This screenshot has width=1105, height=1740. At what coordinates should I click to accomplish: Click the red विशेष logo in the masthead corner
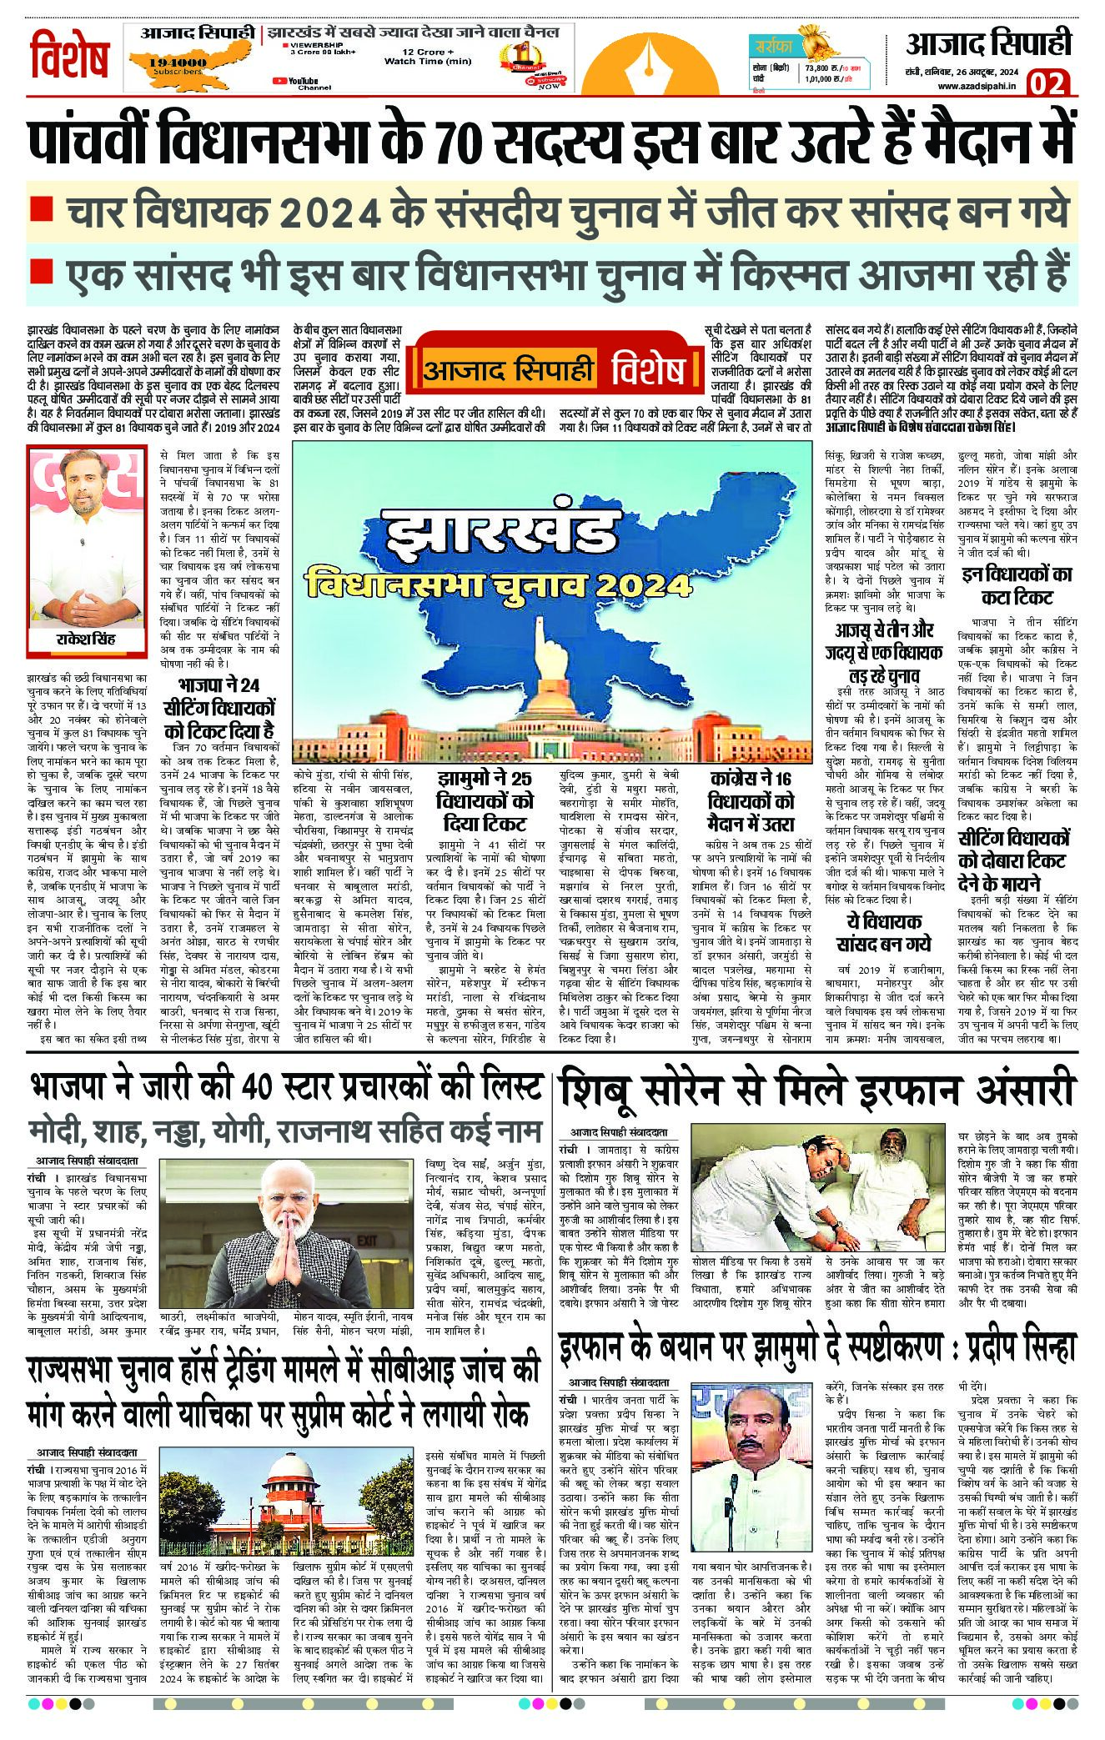(x=71, y=57)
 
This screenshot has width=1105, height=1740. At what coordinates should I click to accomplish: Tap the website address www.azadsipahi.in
(x=978, y=86)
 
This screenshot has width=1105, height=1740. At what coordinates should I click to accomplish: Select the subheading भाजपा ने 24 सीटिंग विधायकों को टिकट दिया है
(x=219, y=708)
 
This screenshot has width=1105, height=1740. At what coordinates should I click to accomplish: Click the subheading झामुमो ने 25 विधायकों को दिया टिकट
(x=485, y=801)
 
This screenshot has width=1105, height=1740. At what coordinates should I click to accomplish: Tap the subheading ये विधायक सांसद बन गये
(x=883, y=932)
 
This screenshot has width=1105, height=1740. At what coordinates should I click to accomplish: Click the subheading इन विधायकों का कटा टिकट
(x=1017, y=584)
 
